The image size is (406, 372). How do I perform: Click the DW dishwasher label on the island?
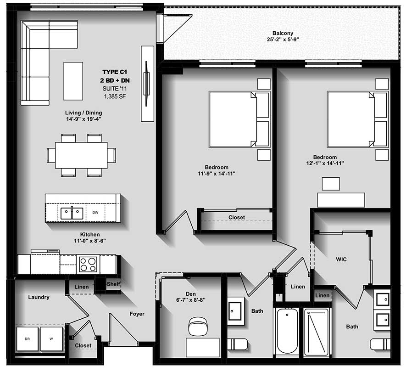click(x=95, y=213)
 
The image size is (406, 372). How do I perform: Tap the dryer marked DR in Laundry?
click(x=27, y=339)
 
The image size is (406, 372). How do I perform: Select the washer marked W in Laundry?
click(x=51, y=339)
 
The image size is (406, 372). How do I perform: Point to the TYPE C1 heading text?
click(x=114, y=72)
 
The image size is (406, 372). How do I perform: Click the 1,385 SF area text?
click(x=114, y=96)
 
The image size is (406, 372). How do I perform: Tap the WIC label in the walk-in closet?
click(x=341, y=259)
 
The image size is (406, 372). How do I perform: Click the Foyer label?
click(x=137, y=314)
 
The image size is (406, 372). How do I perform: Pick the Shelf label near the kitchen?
click(x=113, y=284)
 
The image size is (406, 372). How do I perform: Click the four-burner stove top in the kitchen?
click(x=88, y=265)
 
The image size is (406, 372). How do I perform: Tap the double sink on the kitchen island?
click(x=72, y=213)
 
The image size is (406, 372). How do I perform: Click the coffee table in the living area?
click(x=73, y=81)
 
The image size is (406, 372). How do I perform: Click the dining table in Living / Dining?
click(x=81, y=155)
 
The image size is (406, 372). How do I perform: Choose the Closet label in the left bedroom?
click(x=237, y=217)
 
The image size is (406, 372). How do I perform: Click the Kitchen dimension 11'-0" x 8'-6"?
click(x=90, y=240)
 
